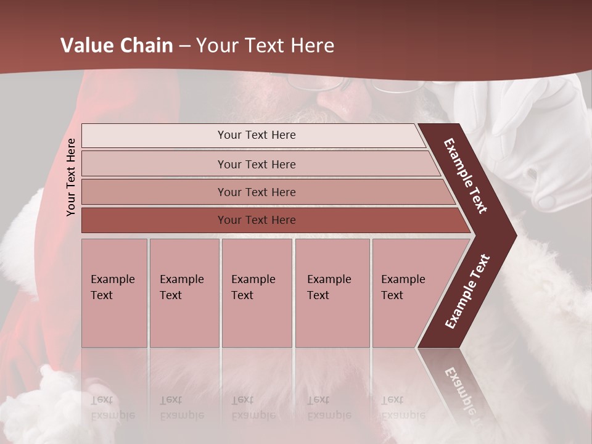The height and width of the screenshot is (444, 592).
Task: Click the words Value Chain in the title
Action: [x=117, y=45]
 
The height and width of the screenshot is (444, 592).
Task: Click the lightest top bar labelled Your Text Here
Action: [x=256, y=135]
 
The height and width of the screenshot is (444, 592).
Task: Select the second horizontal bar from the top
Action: [x=256, y=164]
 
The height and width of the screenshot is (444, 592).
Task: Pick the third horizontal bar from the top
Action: [x=256, y=192]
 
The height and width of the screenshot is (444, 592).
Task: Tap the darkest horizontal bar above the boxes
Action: [x=256, y=220]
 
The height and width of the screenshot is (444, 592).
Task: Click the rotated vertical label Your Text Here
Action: [x=71, y=177]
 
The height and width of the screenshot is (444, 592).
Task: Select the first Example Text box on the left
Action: [x=114, y=293]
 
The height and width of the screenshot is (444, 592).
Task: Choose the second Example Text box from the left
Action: [x=184, y=293]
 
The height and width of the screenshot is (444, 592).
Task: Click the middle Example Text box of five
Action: [x=257, y=293]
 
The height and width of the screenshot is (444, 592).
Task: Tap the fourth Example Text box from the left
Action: [x=332, y=293]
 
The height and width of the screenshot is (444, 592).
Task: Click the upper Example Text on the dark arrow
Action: [x=466, y=176]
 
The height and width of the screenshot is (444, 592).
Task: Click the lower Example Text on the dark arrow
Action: [x=467, y=291]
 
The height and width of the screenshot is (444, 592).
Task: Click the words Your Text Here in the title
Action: [x=265, y=45]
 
